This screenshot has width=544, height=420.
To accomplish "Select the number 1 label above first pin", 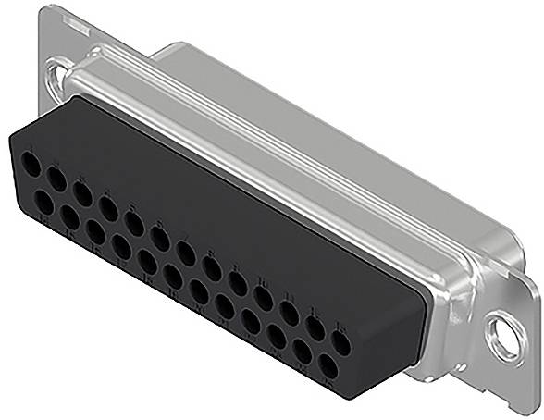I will pyautogui.click(x=33, y=153).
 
